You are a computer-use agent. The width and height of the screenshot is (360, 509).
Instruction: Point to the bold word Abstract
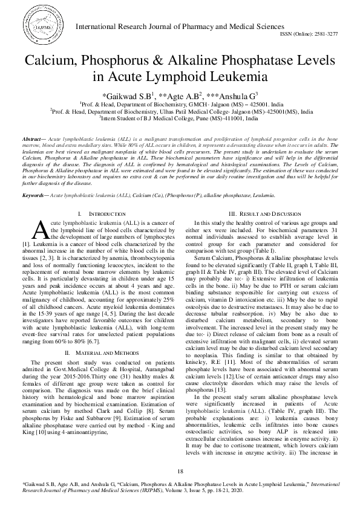point(32,139)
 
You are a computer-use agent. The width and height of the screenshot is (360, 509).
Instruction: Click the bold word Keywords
point(33,178)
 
